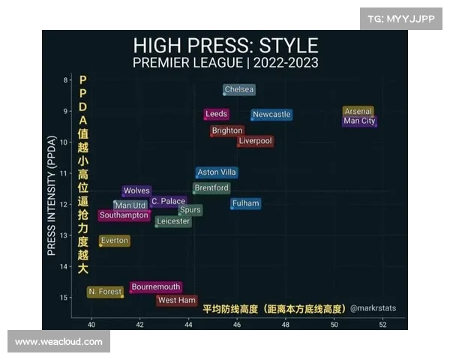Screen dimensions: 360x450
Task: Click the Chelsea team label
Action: pos(239,90)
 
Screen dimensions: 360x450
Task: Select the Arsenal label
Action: pos(358,112)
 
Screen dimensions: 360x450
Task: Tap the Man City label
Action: pos(359,121)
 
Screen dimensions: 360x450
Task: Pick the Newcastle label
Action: pos(271,115)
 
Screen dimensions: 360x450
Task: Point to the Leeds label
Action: pos(216,114)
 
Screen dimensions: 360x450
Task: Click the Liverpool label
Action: pos(255,141)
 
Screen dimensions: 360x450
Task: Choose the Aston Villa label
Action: pos(217,172)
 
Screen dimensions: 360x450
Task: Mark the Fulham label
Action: pos(245,203)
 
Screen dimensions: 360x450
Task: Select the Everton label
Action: pos(115,241)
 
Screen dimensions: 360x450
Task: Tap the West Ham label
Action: pos(177,301)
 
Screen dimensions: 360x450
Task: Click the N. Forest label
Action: pos(105,292)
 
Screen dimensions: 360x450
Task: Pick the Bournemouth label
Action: pos(156,287)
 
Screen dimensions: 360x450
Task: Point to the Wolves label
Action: pos(136,191)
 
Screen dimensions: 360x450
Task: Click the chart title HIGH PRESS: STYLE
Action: pos(225,45)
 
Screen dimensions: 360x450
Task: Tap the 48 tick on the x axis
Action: pos(286,324)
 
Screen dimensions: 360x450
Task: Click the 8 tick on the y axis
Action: pos(66,80)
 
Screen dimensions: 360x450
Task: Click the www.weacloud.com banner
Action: pos(58,342)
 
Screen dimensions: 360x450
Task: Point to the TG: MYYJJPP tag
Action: pos(400,19)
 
